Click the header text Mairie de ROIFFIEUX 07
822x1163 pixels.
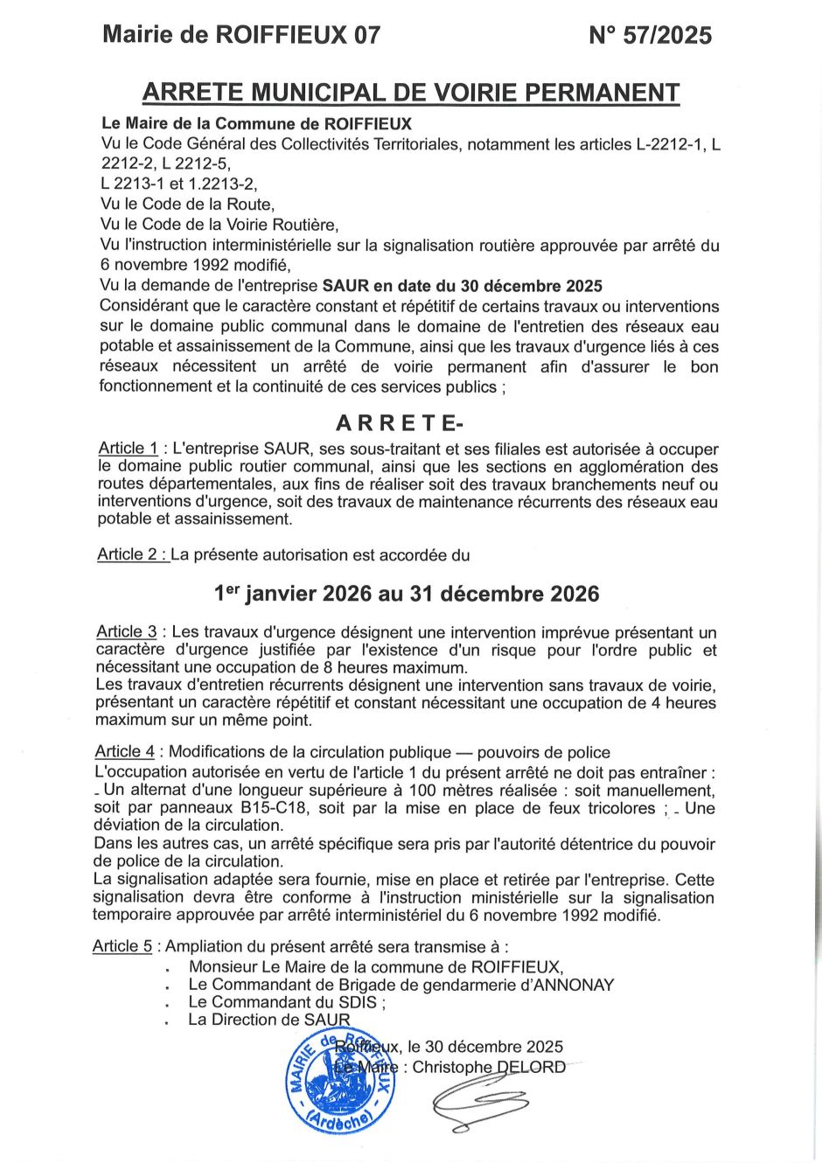(241, 35)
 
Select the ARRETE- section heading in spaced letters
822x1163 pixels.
(400, 423)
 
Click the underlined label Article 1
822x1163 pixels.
(128, 449)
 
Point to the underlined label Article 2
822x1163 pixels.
(132, 554)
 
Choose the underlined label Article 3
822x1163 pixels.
(127, 631)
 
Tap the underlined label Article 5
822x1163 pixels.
(122, 946)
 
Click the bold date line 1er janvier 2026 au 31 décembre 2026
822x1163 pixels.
(407, 594)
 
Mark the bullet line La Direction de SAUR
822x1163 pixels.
(268, 1020)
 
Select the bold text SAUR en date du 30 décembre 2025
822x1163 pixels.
(462, 286)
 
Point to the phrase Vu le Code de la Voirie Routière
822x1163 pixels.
(219, 225)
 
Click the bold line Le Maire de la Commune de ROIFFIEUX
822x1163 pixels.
(256, 124)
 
